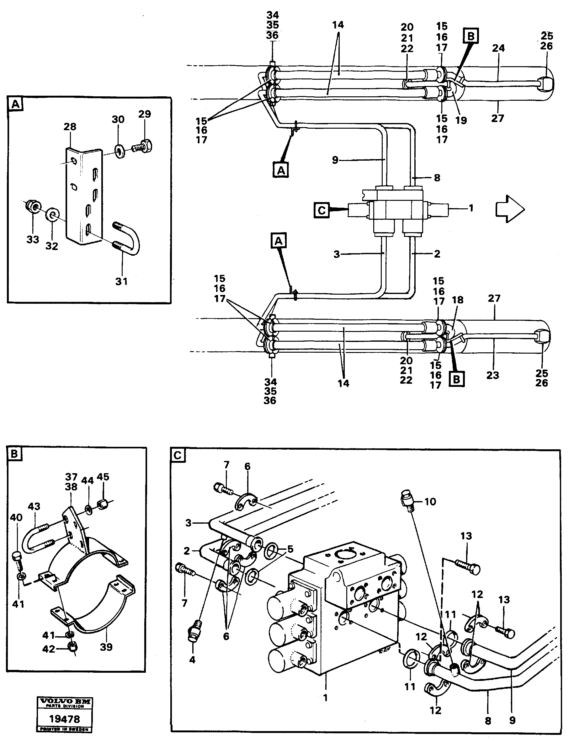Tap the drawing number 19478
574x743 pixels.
pos(65,719)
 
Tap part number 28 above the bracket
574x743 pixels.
pos(70,127)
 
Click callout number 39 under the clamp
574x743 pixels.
pos(106,647)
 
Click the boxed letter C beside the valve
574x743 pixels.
pos(321,210)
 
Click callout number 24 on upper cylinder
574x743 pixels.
pos(498,48)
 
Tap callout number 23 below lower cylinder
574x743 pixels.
pos(492,375)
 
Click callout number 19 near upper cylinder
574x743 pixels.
pos(461,120)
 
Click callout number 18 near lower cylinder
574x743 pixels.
pos(458,300)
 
